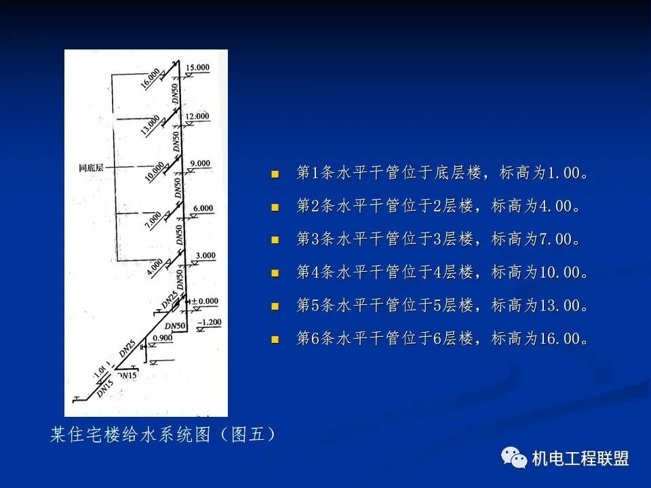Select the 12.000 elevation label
tap(198, 116)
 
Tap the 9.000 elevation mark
tap(200, 163)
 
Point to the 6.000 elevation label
tap(202, 207)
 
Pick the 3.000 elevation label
tap(205, 255)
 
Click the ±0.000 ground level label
tap(204, 300)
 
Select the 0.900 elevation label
tap(163, 338)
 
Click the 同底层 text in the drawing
tap(90, 167)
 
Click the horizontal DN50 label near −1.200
tap(175, 327)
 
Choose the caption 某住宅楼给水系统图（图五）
tap(163, 434)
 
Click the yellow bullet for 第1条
tap(275, 174)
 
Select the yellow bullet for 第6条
tap(275, 340)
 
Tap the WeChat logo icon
tap(514, 458)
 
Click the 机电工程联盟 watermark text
tap(580, 459)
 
